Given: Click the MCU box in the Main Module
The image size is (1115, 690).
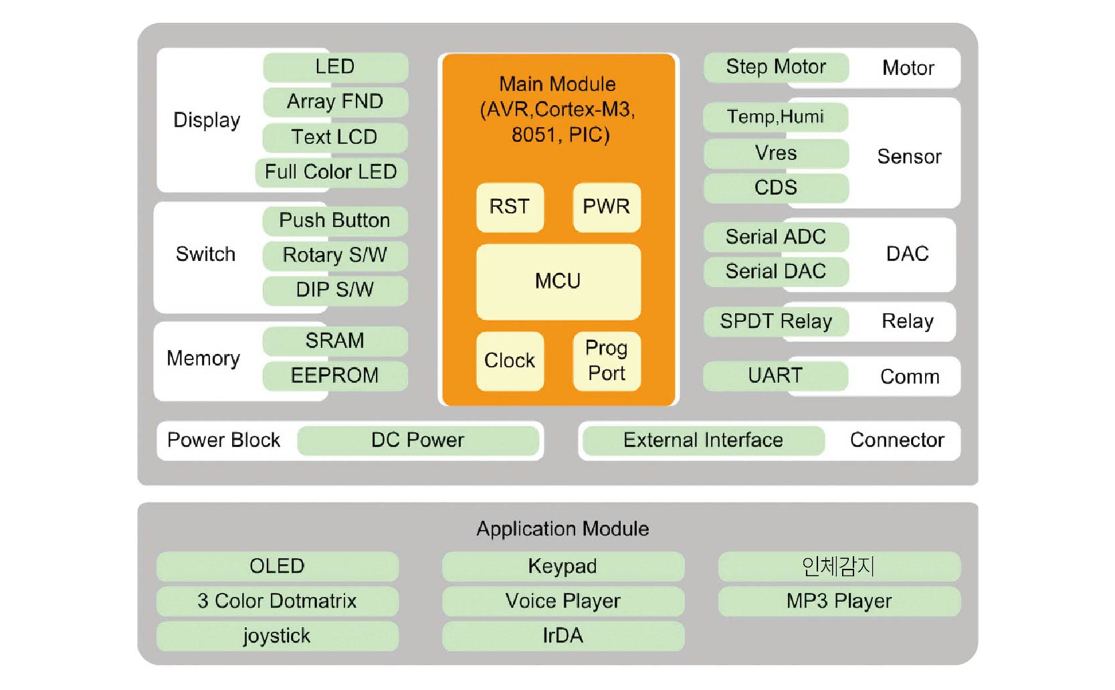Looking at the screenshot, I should point(558,281).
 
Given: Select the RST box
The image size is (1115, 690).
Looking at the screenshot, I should point(510,207).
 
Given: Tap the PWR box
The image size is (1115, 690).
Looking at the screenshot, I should point(606,207).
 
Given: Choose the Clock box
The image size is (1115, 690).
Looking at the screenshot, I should point(510,361).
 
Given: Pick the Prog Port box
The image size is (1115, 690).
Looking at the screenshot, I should point(606,361).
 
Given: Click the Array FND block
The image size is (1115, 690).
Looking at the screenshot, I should point(335,102).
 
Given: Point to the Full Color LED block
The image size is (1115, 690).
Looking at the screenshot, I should point(331,172).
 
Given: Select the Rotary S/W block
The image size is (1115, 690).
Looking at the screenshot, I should point(335,255).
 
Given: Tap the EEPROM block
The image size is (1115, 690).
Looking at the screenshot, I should point(335,375).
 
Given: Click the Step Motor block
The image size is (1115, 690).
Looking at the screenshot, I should point(776,67).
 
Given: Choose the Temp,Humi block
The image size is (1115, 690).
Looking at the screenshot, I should point(776,117).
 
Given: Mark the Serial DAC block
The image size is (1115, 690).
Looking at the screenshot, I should point(776,272).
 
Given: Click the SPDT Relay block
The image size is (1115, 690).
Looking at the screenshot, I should point(776,322).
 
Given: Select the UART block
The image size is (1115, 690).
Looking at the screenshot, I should point(775,376).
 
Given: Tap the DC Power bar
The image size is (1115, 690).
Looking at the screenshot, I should point(417,440).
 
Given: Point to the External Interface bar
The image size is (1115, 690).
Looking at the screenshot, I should point(703,440).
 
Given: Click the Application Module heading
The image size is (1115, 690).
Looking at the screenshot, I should point(563,529).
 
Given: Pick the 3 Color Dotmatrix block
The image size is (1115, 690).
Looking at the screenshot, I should point(277,601).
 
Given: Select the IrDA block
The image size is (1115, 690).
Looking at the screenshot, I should point(563,636).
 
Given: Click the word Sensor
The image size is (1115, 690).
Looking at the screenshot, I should point(909,157).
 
